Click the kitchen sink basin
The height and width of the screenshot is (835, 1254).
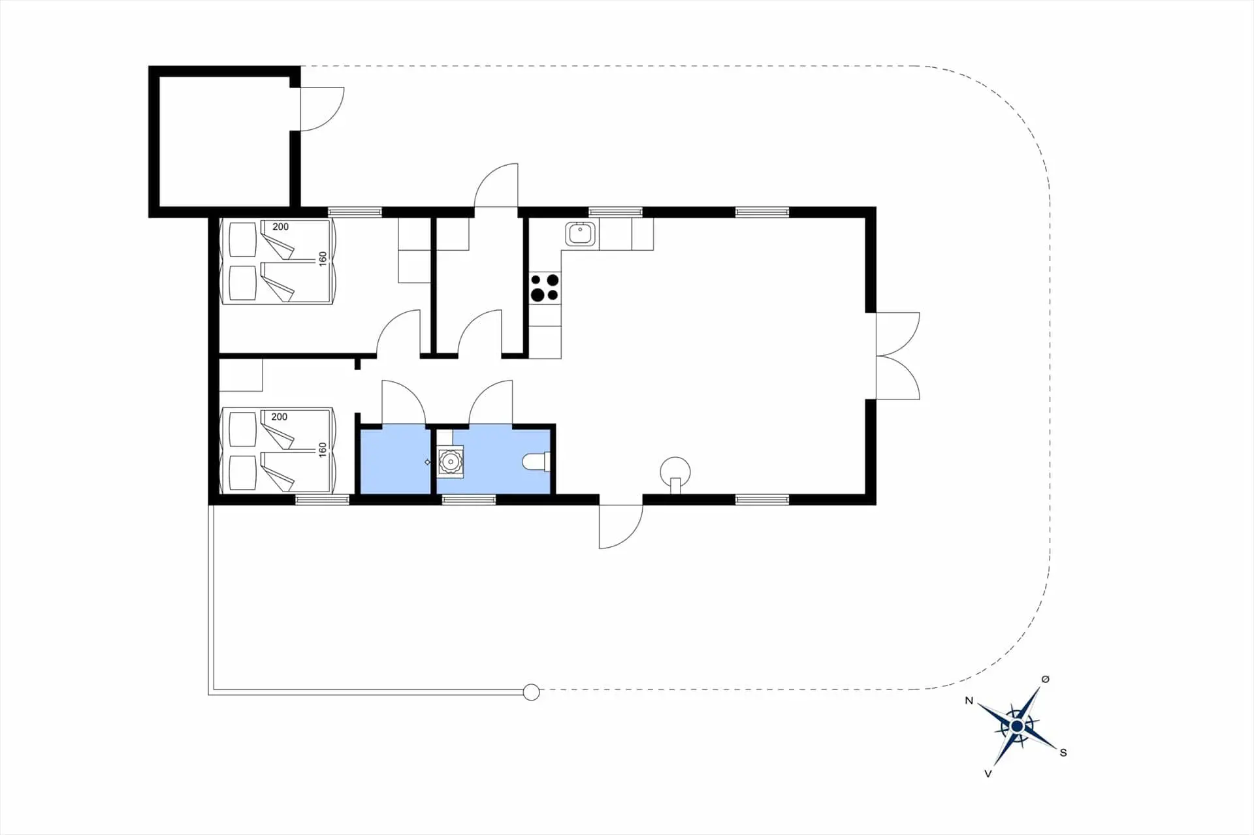coord(580,233)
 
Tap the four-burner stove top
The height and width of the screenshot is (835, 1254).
coord(544,288)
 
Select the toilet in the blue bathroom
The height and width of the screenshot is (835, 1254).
coord(536,462)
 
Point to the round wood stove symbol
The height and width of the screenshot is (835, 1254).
coord(675,470)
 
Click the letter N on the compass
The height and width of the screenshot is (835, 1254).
coord(969,701)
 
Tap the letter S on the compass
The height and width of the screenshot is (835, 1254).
coord(1063,753)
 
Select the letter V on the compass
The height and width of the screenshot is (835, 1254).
coord(988,774)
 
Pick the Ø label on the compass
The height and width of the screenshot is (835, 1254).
coord(1045,680)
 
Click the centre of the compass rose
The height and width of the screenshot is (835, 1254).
coord(1017,726)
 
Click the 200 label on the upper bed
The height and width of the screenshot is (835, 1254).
coord(280,227)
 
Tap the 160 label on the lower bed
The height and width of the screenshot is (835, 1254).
coord(322,450)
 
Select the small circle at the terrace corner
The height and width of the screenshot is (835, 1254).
coord(532,692)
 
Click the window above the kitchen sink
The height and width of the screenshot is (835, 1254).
coord(615,212)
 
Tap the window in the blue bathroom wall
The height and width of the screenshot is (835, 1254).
coord(468,500)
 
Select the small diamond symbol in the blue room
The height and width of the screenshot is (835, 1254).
coord(428,462)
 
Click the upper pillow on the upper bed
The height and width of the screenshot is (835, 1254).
coord(242,240)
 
